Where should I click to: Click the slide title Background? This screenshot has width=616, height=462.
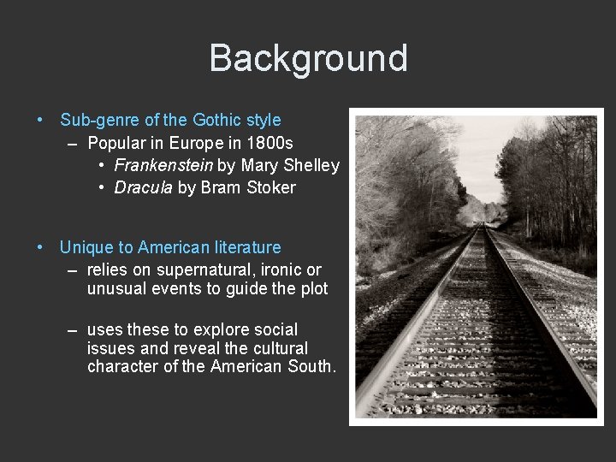tap(308, 58)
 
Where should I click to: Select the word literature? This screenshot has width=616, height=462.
tap(243, 247)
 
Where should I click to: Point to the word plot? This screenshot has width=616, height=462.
tap(311, 288)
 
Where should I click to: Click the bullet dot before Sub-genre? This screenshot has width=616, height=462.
tap(41, 121)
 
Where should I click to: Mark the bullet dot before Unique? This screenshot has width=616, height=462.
tap(41, 247)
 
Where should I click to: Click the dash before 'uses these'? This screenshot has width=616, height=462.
tap(73, 329)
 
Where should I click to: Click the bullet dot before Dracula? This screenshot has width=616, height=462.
tap(102, 187)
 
